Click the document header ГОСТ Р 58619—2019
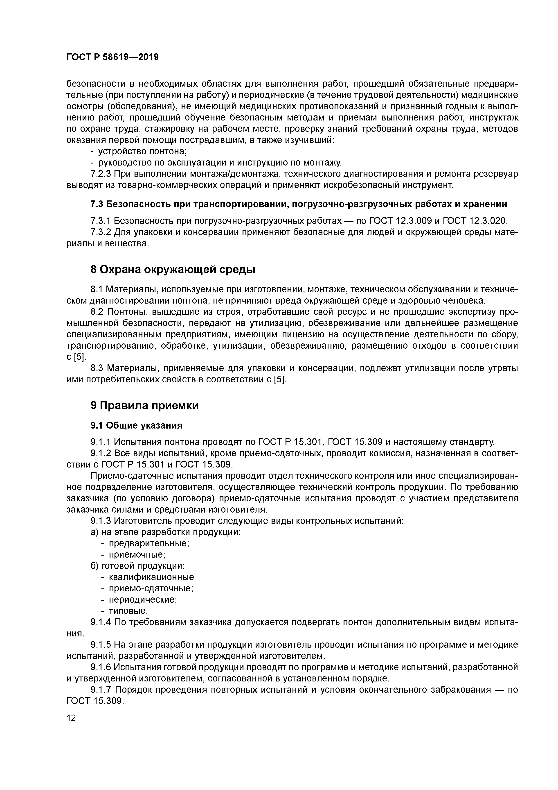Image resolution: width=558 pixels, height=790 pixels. point(112,57)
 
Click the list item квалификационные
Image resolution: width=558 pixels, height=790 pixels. point(151,577)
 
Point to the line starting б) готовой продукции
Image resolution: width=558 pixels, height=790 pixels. point(137,566)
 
